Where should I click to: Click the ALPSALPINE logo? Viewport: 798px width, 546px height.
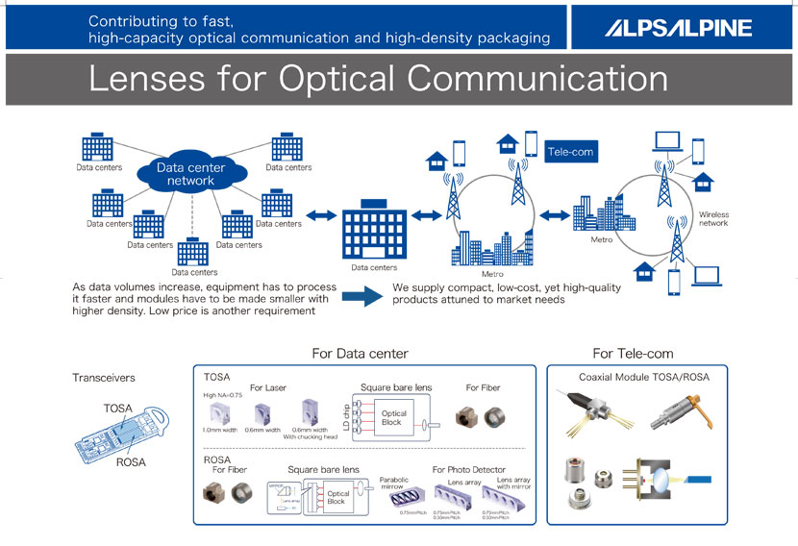point(678,28)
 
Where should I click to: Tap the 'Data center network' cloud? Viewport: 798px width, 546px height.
point(190,174)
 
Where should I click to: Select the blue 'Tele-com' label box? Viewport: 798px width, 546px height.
point(570,152)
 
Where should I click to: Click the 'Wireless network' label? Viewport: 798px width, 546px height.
point(713,218)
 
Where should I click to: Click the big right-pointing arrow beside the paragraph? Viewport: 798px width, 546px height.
point(362,297)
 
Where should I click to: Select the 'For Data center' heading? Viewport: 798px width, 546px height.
point(360,354)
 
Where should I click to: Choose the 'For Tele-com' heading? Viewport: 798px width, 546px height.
point(633,354)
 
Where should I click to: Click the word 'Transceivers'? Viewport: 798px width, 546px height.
point(104,378)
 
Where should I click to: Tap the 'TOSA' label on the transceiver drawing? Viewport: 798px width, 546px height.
point(118,409)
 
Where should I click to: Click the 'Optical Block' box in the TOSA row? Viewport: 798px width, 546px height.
point(394,418)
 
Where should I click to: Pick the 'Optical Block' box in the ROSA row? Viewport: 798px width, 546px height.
point(337,497)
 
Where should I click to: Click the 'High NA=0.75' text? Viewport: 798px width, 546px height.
point(222,396)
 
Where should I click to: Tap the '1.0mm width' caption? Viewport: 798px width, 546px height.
point(222,430)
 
